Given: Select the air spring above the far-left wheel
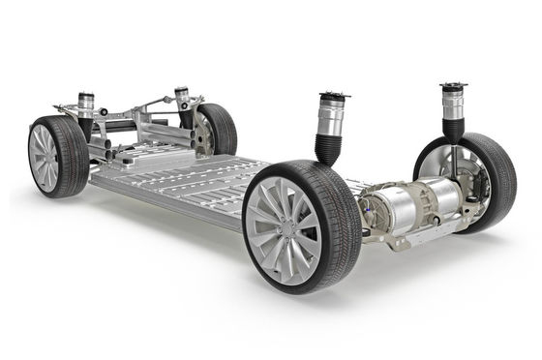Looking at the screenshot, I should click(85, 103).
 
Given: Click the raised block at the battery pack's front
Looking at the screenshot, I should click(145, 155).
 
